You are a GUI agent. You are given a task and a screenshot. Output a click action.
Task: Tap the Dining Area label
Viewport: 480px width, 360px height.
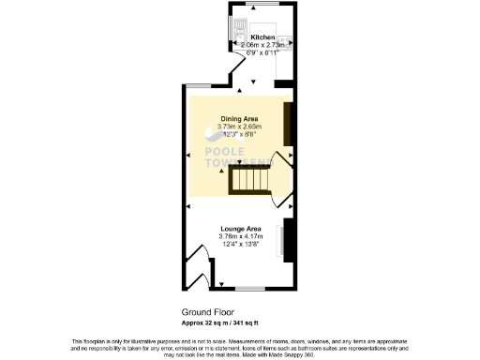click(x=238, y=118)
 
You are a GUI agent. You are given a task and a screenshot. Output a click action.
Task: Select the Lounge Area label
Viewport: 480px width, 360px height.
click(x=240, y=229)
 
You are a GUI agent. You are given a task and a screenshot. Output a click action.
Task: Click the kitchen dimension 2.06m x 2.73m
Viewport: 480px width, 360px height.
click(x=262, y=45)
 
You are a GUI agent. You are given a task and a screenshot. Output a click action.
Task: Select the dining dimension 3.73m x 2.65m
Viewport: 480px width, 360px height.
click(x=238, y=126)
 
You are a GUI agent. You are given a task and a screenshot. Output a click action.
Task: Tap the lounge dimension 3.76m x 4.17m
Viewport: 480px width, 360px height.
click(x=241, y=236)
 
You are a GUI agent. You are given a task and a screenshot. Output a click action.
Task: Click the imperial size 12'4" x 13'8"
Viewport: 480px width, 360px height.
click(x=241, y=244)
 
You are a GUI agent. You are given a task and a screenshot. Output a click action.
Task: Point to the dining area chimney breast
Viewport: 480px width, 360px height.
click(x=288, y=120)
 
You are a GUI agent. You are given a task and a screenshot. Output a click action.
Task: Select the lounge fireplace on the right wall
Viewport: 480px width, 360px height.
click(x=290, y=238)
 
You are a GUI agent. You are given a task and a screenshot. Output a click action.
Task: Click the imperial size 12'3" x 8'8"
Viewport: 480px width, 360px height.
click(x=238, y=133)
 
